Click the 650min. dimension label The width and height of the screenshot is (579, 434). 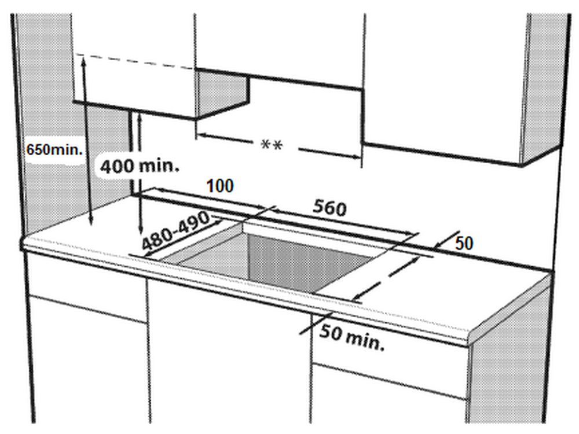[x=54, y=150]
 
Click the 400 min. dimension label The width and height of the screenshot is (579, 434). [x=140, y=166]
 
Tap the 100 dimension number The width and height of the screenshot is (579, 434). [x=220, y=186]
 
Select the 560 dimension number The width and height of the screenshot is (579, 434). [x=330, y=208]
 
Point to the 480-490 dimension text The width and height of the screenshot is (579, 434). [x=176, y=232]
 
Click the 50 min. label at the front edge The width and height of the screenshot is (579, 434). [x=352, y=337]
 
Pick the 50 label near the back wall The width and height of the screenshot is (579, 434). [x=464, y=244]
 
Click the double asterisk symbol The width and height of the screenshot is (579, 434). [x=272, y=145]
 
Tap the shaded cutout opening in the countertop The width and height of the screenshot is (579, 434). [x=281, y=258]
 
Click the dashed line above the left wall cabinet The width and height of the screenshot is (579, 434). [x=135, y=61]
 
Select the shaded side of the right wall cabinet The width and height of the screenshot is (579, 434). [x=543, y=89]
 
